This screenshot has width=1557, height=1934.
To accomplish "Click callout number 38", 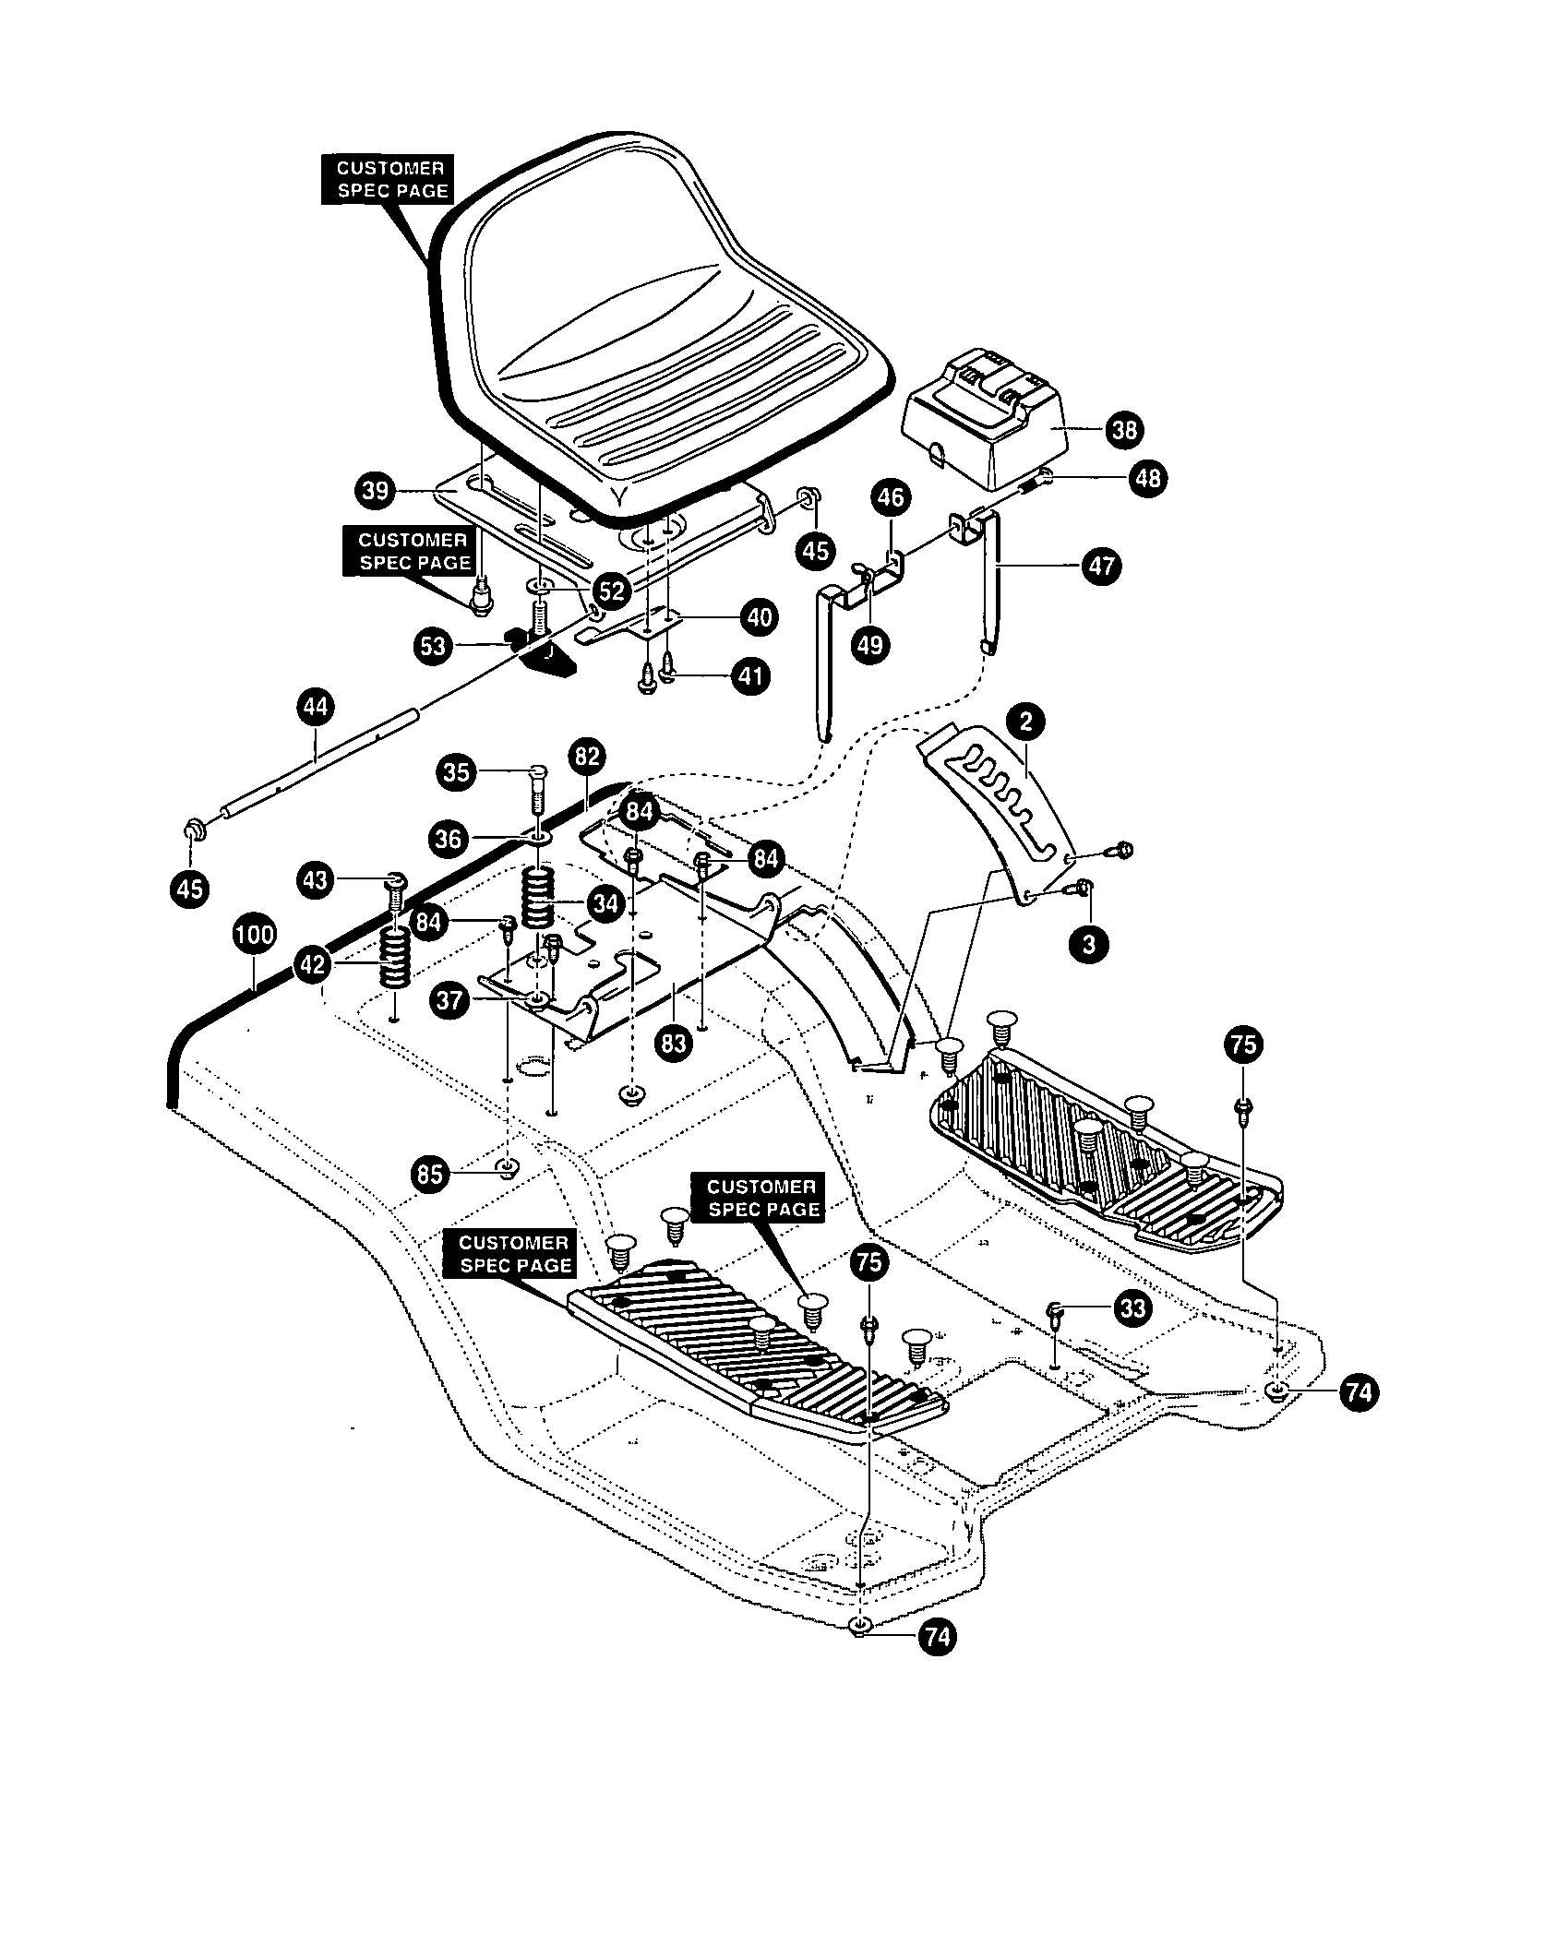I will [1125, 430].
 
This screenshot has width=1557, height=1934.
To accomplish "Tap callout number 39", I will [377, 490].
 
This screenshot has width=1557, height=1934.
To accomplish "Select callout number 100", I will [255, 935].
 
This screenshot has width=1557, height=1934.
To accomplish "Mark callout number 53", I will [432, 646].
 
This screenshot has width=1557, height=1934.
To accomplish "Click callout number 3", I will [1089, 946].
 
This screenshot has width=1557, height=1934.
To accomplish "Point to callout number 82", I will [587, 757].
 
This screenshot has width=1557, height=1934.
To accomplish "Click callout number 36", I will [449, 838].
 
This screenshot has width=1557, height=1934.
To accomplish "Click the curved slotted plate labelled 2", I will [1001, 803].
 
